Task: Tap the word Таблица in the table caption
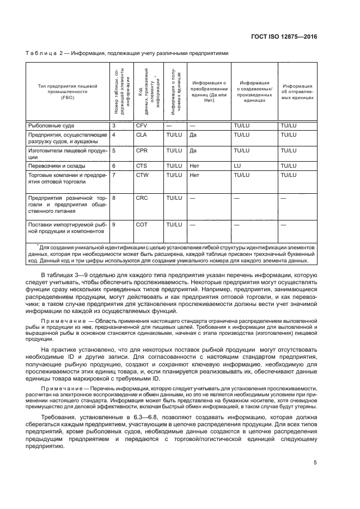pos(40,53)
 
